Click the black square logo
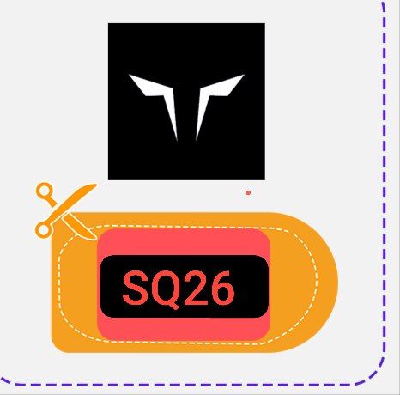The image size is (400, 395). [186, 101]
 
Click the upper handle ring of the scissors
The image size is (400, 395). [45, 191]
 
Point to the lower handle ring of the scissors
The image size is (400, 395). [44, 229]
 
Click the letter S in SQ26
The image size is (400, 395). [136, 288]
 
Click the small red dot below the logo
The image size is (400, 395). [248, 192]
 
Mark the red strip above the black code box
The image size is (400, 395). [184, 241]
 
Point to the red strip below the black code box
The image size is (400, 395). [184, 329]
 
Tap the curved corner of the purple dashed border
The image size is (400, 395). [375, 374]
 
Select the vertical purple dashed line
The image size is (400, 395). [385, 178]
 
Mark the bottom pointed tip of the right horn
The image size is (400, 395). [197, 140]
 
